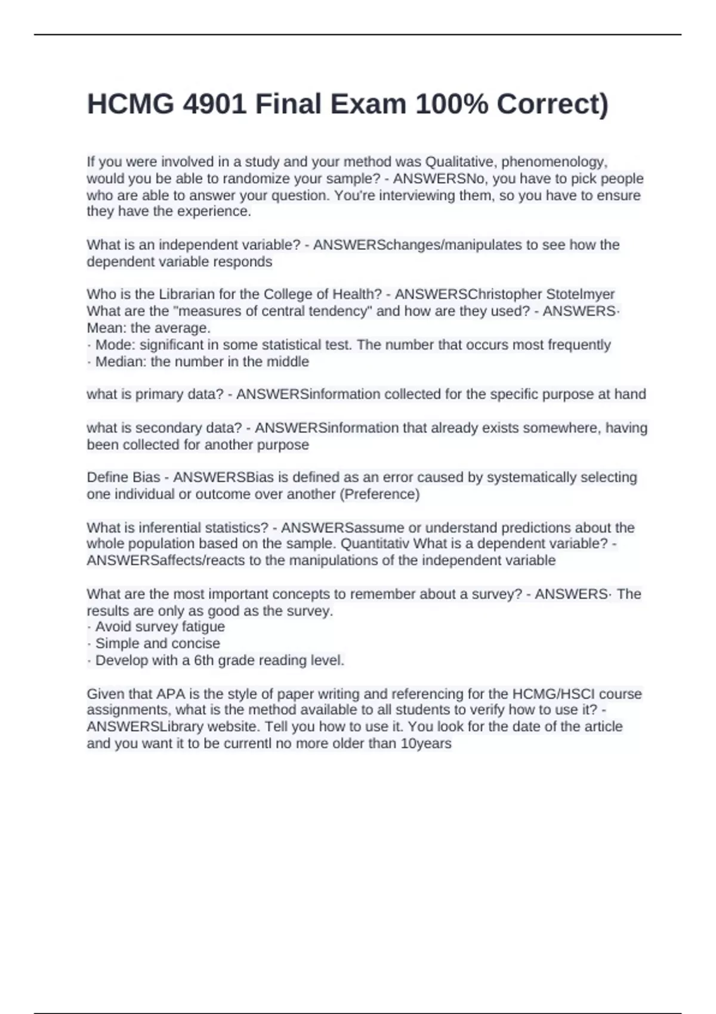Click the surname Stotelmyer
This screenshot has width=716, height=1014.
pyautogui.click(x=580, y=294)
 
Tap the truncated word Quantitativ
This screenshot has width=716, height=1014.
pyautogui.click(x=375, y=543)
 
